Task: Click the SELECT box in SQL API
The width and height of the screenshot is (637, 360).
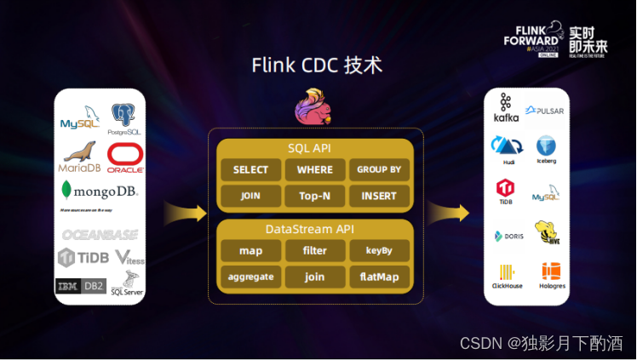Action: coord(250,170)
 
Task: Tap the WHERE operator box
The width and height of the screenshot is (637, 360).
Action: coord(314,170)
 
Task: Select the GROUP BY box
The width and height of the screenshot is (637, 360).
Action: coord(379,170)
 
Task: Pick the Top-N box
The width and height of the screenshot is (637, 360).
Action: coord(314,196)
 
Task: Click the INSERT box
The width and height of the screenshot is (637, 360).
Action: coord(379,196)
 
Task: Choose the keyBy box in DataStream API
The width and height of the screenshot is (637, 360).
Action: coord(379,251)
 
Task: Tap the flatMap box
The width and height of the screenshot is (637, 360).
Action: coord(379,277)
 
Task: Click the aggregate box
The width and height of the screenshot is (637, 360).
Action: coord(250,277)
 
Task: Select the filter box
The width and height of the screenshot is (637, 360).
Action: coord(314,251)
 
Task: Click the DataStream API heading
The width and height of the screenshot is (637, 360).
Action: coord(314,228)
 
